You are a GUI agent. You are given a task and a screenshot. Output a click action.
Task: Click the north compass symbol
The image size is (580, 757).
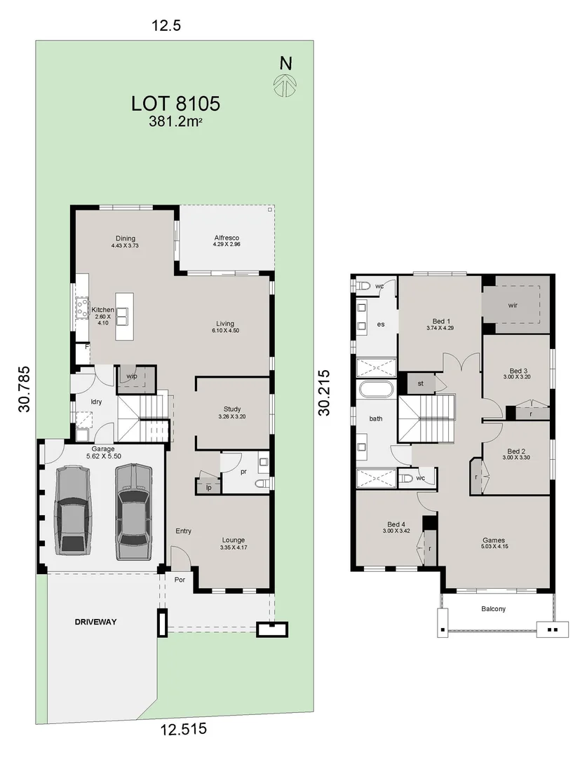(285, 85)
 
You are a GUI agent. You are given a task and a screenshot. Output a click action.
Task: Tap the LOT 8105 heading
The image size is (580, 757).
(176, 103)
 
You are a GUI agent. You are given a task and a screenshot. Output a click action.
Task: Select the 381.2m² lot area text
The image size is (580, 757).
(175, 121)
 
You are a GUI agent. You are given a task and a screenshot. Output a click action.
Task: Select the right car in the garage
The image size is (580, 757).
(133, 511)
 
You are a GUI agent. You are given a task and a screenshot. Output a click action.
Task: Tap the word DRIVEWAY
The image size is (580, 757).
(95, 622)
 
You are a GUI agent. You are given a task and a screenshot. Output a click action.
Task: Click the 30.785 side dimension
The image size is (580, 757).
(24, 389)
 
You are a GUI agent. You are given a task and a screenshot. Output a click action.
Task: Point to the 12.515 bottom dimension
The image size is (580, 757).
(184, 728)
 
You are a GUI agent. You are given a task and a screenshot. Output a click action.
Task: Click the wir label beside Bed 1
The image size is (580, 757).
(513, 305)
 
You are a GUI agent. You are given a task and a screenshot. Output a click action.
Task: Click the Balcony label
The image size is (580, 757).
(494, 609)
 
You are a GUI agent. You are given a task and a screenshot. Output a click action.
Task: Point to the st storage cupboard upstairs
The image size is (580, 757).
(420, 383)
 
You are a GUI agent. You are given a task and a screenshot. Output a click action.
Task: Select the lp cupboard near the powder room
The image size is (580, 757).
(208, 486)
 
